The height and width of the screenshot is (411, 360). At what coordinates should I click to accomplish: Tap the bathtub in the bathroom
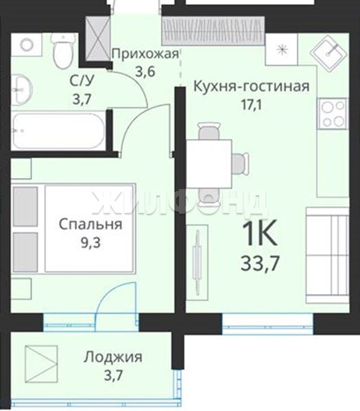(x=59, y=131)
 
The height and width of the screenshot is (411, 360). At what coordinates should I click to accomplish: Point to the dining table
(x=209, y=164)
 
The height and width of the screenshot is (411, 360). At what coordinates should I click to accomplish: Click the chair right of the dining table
(x=241, y=164)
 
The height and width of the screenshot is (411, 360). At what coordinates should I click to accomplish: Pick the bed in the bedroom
(x=73, y=228)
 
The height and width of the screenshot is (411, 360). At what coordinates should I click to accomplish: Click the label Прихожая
(x=145, y=54)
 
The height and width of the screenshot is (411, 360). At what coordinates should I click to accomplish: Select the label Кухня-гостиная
(x=252, y=86)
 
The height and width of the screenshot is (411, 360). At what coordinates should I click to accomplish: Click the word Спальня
(x=91, y=225)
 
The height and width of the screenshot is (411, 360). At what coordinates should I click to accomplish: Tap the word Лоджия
(x=113, y=358)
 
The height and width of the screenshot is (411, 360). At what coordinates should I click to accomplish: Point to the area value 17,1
(x=252, y=105)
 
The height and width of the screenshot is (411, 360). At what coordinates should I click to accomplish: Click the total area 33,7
(x=259, y=263)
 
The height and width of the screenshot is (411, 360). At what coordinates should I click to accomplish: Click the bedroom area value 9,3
(x=91, y=243)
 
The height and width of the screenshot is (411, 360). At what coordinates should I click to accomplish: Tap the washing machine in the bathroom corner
(x=27, y=45)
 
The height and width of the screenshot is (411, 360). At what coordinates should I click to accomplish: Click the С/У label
(x=82, y=81)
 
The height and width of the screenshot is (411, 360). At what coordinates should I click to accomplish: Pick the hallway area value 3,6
(x=145, y=71)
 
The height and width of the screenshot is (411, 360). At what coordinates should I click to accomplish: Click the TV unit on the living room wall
(x=197, y=262)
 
